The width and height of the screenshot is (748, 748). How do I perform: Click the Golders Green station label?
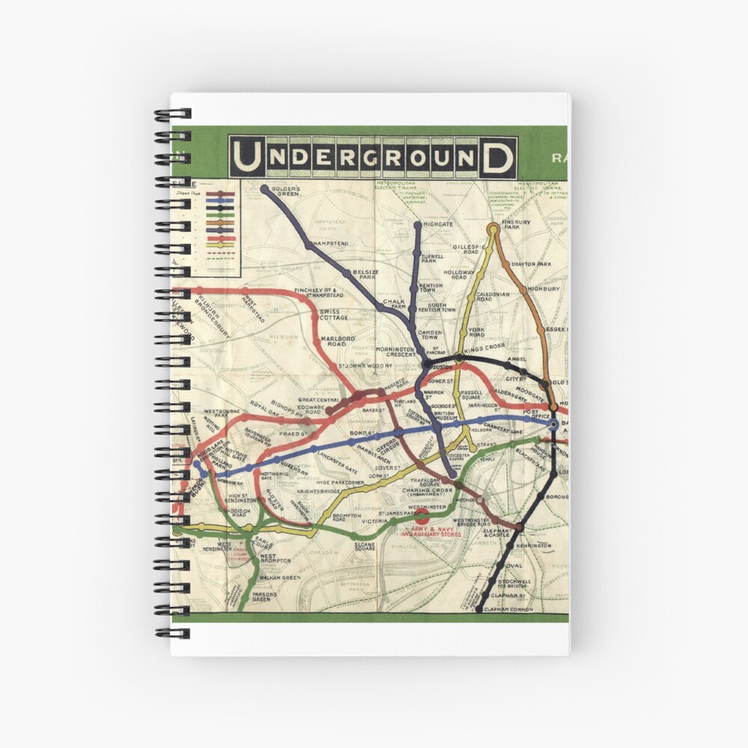[285, 191]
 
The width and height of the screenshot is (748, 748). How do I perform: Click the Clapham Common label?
[509, 610]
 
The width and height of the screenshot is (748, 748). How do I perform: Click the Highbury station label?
[544, 288]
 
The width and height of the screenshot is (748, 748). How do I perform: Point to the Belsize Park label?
[367, 274]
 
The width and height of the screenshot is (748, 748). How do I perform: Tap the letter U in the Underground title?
[248, 157]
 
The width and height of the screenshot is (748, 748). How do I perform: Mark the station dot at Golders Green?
[265, 189]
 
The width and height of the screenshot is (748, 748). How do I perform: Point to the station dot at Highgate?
[417, 224]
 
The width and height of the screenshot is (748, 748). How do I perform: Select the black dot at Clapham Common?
[479, 609]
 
